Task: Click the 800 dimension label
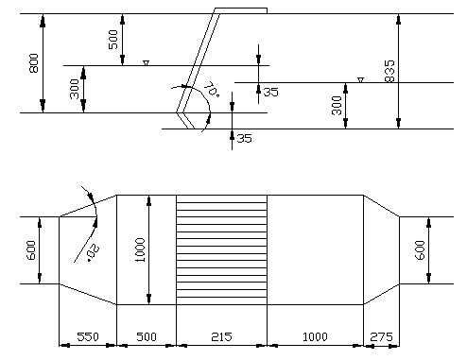[34, 63]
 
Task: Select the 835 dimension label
[389, 71]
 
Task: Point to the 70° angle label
[211, 89]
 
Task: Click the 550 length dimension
[88, 336]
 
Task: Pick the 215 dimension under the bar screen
[221, 336]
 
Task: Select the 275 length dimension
[382, 336]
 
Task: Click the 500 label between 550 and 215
[147, 336]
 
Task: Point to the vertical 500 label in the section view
[112, 40]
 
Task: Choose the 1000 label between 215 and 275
[315, 336]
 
